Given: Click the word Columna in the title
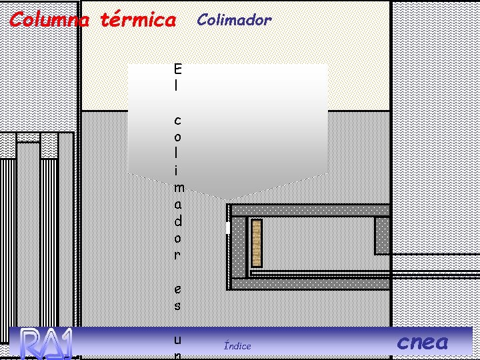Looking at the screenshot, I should coord(49,20).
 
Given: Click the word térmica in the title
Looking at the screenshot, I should coord(138,20).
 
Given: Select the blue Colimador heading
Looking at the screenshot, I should coord(234,20).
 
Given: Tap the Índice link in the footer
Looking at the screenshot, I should coord(237,345).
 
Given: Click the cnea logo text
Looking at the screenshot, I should coord(423,343).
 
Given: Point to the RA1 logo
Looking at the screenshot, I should coord(45,343).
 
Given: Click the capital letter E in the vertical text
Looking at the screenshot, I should coord(177,69).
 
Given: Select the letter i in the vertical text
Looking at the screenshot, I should coord(177,170).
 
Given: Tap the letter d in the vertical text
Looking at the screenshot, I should coord(177,221).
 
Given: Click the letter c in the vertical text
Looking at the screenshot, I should coord(177,121).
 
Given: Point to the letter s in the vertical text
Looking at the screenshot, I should coord(177,306).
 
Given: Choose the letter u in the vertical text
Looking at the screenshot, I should coord(177,339).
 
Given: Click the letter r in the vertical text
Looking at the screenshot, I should coord(177,255).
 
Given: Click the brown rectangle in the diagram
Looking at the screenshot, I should coord(256,242).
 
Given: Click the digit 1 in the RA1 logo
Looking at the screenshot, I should coord(65,343).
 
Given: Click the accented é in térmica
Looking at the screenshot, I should coord(115,20).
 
